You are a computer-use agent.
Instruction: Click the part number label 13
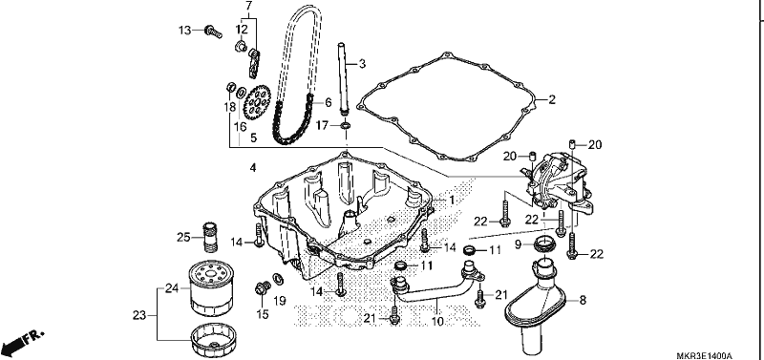coord(184,31)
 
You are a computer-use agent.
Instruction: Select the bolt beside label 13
coord(213,32)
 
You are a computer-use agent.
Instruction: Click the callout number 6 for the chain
coord(329,102)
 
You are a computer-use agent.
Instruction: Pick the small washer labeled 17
coord(346,126)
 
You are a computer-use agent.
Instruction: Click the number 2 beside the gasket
coord(552,100)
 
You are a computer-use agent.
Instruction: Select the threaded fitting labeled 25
coord(209,237)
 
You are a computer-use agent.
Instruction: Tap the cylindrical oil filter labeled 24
coord(211,287)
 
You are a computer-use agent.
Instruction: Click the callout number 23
coord(139,315)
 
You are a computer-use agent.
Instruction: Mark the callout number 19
coord(279,301)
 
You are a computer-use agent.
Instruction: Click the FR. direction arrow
coord(23,344)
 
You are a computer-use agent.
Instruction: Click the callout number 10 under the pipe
coord(437,322)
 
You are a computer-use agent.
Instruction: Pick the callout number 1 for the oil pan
coord(452,200)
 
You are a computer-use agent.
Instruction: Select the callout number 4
coord(252,168)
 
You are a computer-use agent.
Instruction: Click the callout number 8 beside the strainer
coord(583,301)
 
